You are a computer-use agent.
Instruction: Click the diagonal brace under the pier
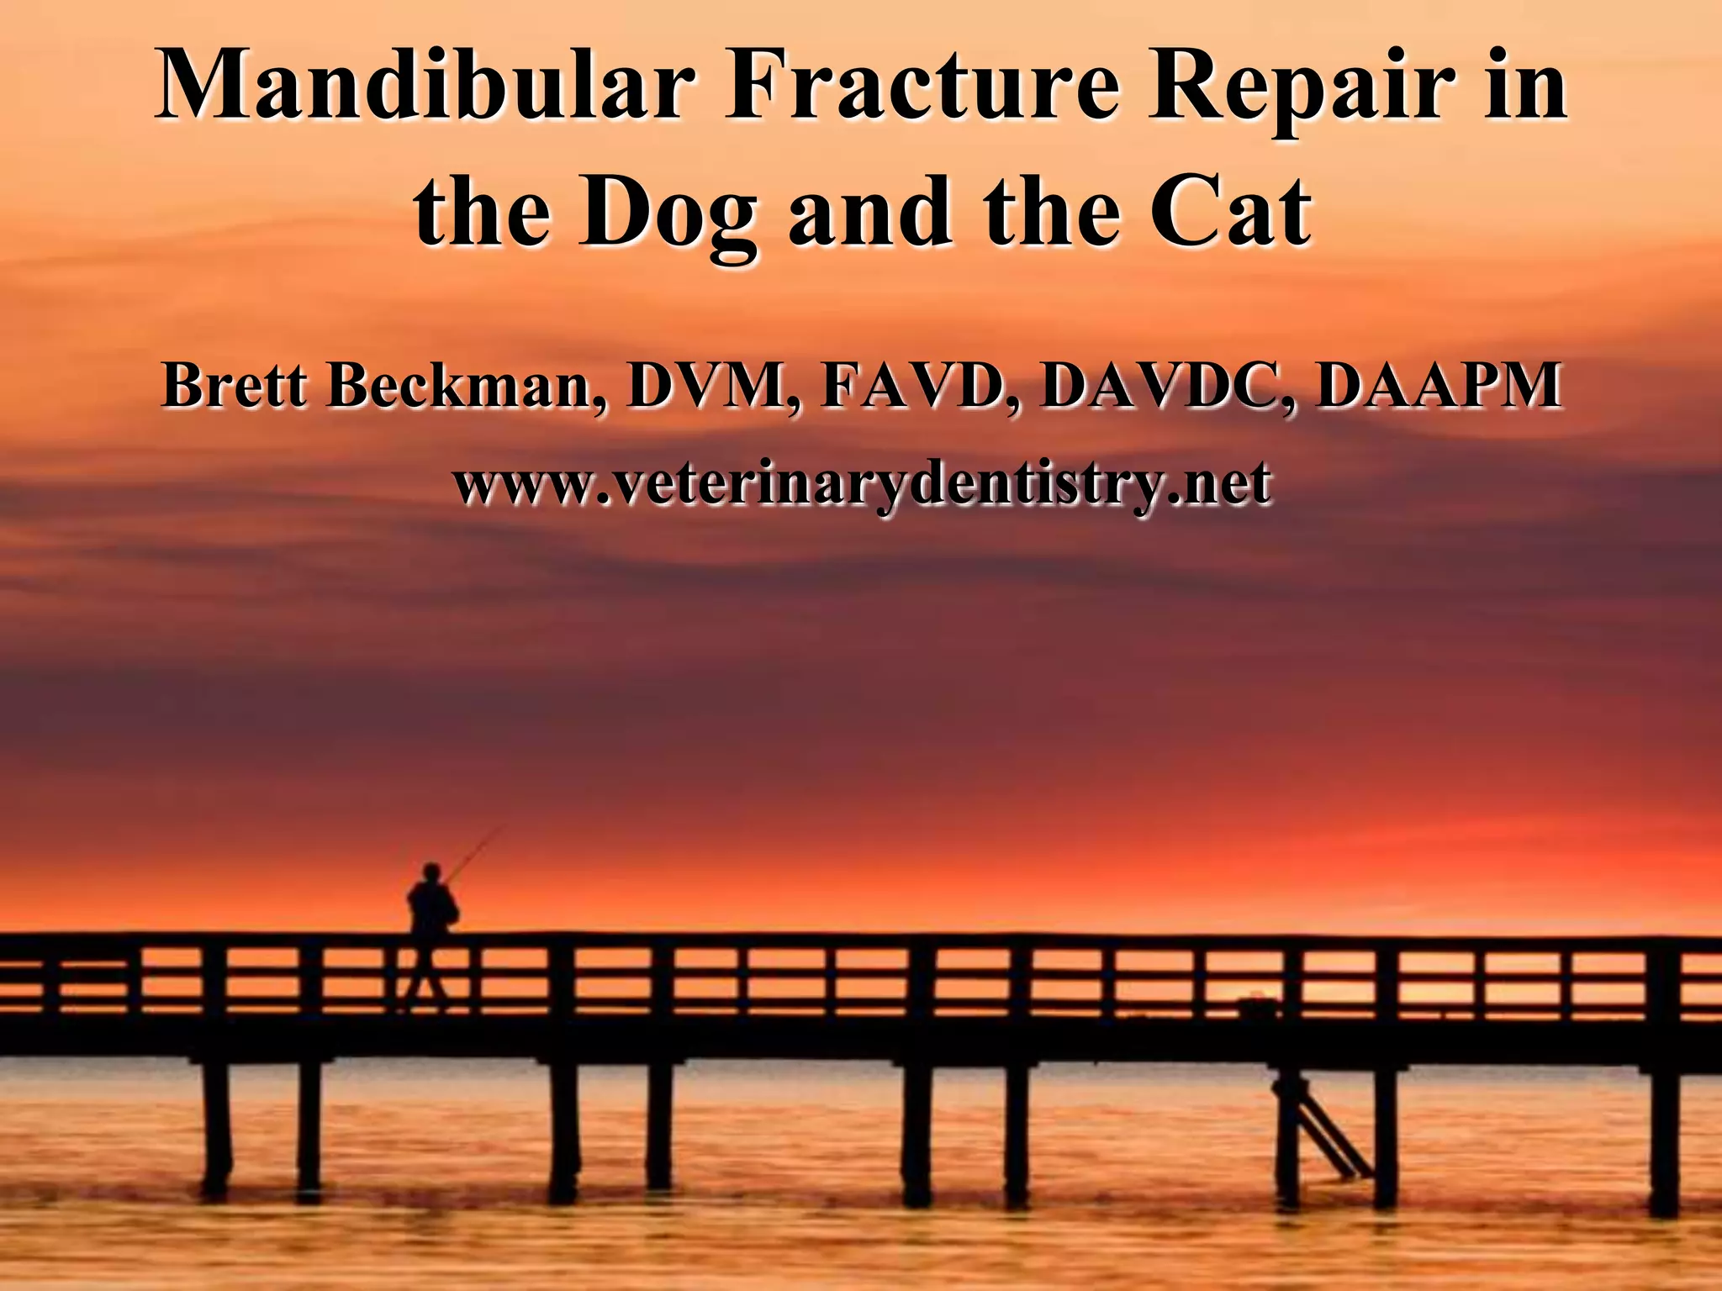coord(1320,1126)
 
